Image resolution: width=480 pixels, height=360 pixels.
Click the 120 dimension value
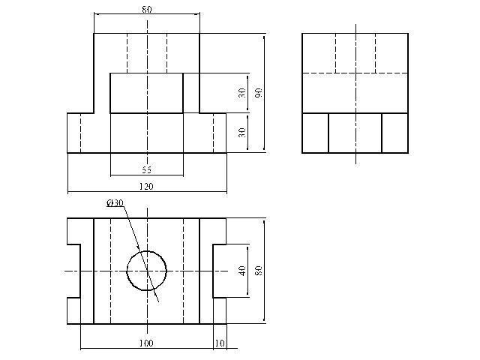pos(146,187)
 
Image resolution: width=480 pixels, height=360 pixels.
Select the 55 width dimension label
pos(146,170)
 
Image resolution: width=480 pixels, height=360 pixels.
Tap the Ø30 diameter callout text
pos(115,203)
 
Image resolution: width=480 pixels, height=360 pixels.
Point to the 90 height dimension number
pos(258,93)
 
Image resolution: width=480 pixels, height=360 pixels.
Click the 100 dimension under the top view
pos(146,343)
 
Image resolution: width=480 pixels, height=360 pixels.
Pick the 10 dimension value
pos(219,343)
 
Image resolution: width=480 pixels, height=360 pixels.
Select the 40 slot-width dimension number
pos(241,270)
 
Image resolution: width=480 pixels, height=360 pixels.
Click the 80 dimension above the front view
pos(146,10)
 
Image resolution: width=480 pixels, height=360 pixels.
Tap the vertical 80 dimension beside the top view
pos(258,270)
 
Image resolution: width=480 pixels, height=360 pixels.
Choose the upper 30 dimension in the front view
pos(241,93)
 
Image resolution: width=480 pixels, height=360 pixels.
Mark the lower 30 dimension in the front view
pos(241,132)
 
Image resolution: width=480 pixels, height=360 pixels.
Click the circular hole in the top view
pos(146,270)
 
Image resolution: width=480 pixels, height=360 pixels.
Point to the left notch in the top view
pos(73,270)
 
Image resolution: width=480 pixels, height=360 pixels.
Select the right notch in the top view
pos(219,270)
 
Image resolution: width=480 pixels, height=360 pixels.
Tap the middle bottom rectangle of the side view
pos(355,133)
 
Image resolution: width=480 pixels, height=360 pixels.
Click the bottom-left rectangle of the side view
pos(315,133)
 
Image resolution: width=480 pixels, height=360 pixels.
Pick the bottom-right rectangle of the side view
pos(394,133)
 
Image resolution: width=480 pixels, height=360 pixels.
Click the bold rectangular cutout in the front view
pos(146,93)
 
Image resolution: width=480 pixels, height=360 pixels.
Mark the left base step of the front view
pos(80,133)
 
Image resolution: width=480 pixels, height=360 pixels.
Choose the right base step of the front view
pos(213,133)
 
